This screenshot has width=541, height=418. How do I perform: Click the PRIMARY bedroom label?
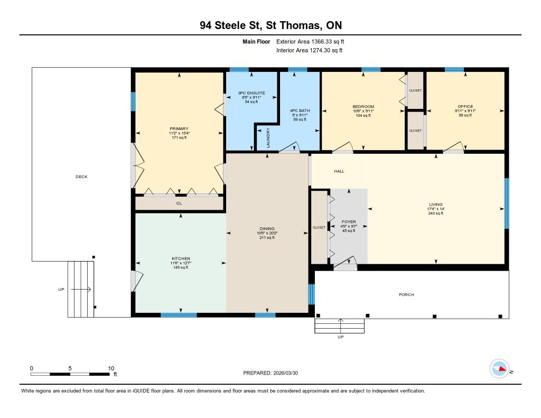[x=179, y=129]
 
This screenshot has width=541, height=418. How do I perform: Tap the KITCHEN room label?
[x=181, y=258]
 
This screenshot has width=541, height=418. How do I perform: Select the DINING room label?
[x=267, y=228]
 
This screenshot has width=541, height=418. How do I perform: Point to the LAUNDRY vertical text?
[x=268, y=138]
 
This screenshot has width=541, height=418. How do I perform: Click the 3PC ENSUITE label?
[x=251, y=93]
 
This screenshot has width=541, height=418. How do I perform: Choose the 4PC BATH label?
[x=300, y=110]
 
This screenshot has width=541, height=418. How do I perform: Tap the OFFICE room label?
[x=465, y=106]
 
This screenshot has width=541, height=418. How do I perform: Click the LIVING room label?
[x=436, y=205]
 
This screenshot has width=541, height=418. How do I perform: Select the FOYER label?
[x=349, y=221]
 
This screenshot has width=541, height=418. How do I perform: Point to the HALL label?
[x=339, y=171]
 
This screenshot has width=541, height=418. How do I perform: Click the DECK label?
[x=81, y=177]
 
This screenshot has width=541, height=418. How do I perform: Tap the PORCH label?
[x=406, y=295]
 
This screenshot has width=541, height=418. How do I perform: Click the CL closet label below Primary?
[x=179, y=203]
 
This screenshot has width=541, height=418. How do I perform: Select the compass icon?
[x=499, y=369]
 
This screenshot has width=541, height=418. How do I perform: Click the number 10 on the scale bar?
[x=111, y=368]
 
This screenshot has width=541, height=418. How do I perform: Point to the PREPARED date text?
[x=270, y=373]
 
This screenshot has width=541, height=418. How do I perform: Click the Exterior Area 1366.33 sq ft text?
[x=310, y=41]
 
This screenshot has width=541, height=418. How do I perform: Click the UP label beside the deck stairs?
[x=61, y=289]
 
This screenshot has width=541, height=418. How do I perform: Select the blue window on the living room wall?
[x=507, y=203]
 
